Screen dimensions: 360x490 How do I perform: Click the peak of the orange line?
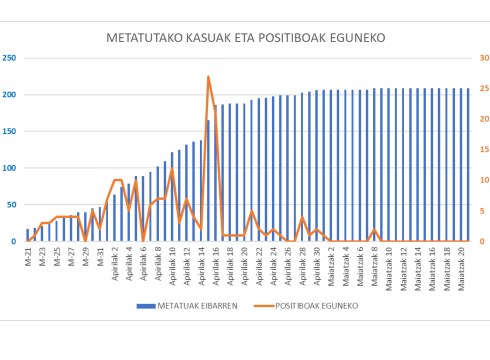208,76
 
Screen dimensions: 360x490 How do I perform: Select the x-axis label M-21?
29,253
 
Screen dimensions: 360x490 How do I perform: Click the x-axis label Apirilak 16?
216,264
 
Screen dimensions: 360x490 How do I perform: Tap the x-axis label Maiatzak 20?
461,266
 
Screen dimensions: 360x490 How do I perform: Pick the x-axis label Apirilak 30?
317,264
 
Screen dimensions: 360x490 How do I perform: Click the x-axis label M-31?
101,253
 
